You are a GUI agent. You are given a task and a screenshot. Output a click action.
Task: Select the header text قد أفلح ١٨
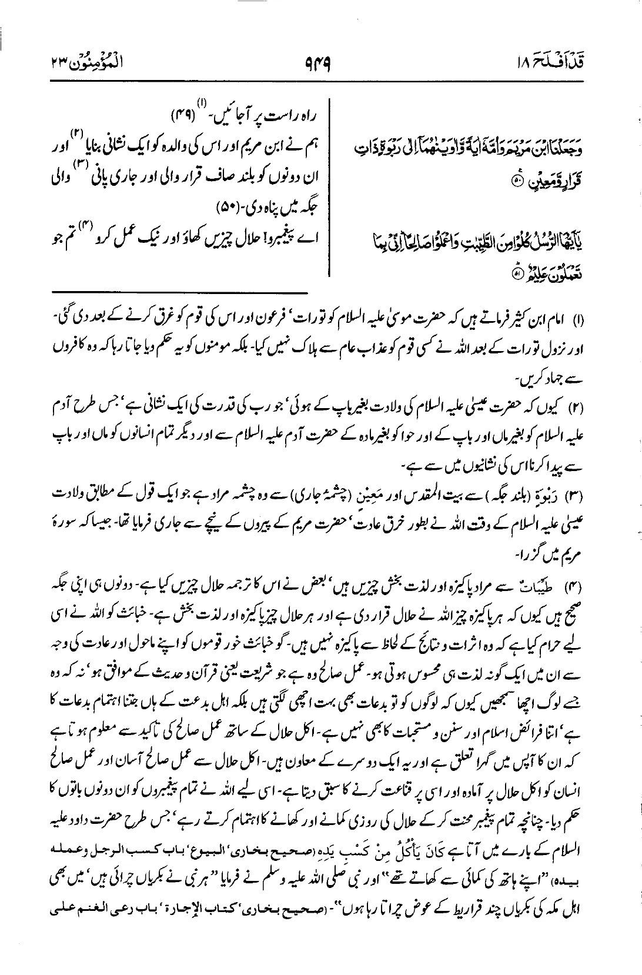click(564, 60)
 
